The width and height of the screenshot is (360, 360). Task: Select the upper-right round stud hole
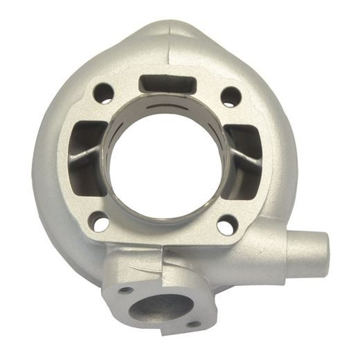coord(231,96)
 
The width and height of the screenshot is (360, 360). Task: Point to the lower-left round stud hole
coord(100,223)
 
